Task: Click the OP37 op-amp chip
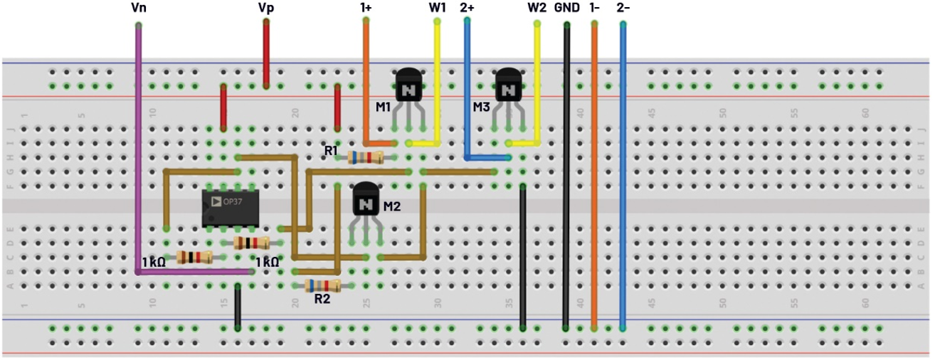coord(230,208)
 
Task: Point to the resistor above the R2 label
coord(323,285)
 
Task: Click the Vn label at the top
coord(139,9)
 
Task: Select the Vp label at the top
coord(267,9)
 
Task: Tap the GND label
coord(566,9)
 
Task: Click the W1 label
coord(437,9)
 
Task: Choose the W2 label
coord(537,9)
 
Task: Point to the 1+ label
coord(366,9)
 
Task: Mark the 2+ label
coord(467,9)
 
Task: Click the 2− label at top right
coord(623,9)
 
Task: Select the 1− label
coord(595,9)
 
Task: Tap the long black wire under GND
coord(566,178)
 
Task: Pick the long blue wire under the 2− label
coord(623,178)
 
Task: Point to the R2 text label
coord(322,300)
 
